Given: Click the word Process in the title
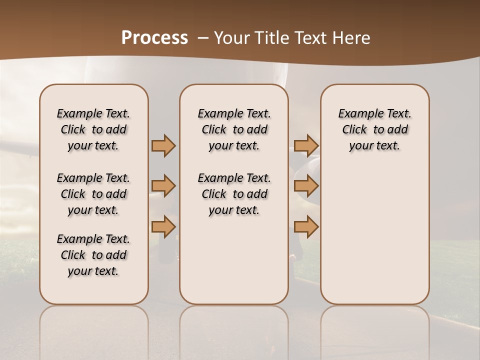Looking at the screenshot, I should click(x=154, y=38).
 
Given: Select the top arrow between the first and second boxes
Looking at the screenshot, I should click(x=163, y=145).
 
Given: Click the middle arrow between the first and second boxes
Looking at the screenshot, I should click(x=163, y=186).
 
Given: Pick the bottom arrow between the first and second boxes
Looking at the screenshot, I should click(x=163, y=227).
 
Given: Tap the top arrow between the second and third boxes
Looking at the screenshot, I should click(x=306, y=145).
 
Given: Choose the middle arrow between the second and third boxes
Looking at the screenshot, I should click(x=306, y=186).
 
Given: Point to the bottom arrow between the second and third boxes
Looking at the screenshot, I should click(x=306, y=227).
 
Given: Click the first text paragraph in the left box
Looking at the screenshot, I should click(x=93, y=129).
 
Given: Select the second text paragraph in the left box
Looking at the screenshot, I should click(x=93, y=194).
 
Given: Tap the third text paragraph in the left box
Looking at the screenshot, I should click(x=93, y=255).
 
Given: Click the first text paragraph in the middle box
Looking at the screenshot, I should click(x=234, y=129).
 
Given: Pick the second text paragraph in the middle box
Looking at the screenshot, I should click(x=234, y=194).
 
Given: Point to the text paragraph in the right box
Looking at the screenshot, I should click(x=374, y=129).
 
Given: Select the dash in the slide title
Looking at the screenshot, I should click(x=203, y=38).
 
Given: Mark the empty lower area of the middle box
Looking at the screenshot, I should click(x=234, y=260).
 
